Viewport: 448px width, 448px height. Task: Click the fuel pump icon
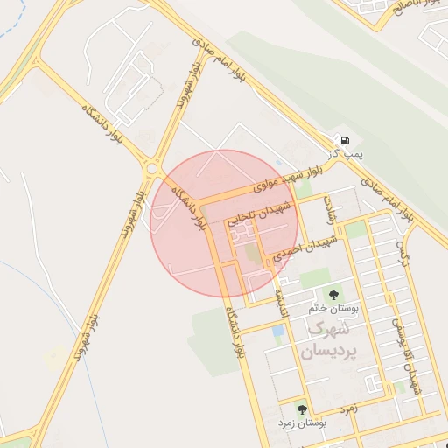345,141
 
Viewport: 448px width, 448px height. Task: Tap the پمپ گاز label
346,155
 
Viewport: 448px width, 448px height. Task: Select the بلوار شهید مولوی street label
289,178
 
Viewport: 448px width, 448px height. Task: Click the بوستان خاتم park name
331,309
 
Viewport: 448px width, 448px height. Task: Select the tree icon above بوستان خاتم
332,294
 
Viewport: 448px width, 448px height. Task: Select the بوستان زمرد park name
302,423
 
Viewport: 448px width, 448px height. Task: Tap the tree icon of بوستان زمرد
302,409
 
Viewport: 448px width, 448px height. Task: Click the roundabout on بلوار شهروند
155,166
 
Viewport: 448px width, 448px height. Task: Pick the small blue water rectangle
278,333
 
